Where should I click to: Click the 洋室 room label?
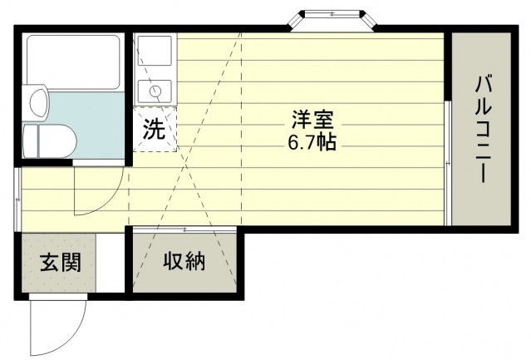(312, 120)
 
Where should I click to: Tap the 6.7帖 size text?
(312, 142)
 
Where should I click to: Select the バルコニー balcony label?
(483, 130)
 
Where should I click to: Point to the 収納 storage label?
(184, 261)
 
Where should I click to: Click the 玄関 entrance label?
(61, 262)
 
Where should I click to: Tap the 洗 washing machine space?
(155, 129)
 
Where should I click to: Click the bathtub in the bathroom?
(73, 62)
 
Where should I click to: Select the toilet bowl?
(57, 141)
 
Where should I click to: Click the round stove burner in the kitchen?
(156, 91)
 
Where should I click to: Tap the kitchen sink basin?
(155, 50)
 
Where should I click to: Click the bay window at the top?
(332, 21)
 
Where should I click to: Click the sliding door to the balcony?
(448, 163)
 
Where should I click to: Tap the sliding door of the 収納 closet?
(184, 229)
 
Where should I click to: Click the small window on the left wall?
(17, 200)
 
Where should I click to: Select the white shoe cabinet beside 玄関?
(111, 263)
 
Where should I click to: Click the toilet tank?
(30, 141)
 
